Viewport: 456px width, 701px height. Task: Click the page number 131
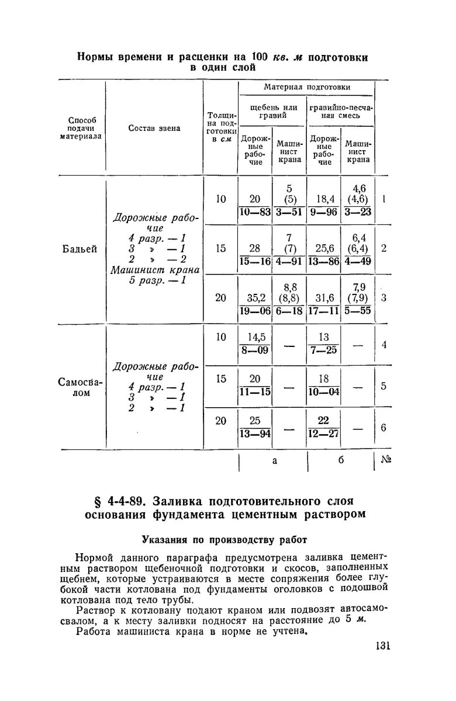pyautogui.click(x=379, y=646)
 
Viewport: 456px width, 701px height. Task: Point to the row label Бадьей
pyautogui.click(x=79, y=249)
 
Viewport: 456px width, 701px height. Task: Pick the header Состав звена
pyautogui.click(x=154, y=129)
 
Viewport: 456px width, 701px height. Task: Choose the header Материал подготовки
pyautogui.click(x=306, y=87)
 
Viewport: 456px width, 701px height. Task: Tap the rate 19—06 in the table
pyautogui.click(x=255, y=311)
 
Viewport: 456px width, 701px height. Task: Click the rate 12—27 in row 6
pyautogui.click(x=324, y=434)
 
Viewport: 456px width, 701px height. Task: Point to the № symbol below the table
pyautogui.click(x=385, y=461)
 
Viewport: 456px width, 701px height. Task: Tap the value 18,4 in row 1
pyautogui.click(x=324, y=199)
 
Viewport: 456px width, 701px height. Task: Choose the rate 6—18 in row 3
pyautogui.click(x=289, y=311)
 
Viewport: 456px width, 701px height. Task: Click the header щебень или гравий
pyautogui.click(x=272, y=111)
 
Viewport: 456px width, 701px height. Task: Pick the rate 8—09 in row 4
pyautogui.click(x=255, y=351)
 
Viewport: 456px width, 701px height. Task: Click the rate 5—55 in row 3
pyautogui.click(x=358, y=311)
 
